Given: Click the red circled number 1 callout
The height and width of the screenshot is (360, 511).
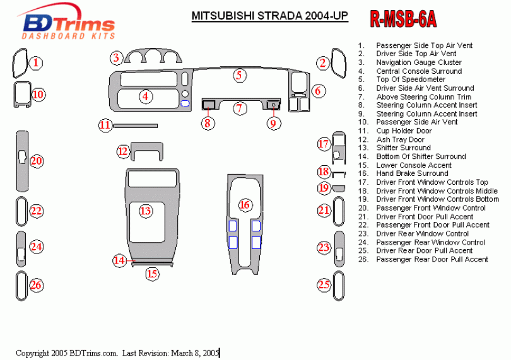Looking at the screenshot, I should click(37, 63).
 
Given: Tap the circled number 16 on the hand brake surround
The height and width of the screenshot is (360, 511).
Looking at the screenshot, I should click(245, 205).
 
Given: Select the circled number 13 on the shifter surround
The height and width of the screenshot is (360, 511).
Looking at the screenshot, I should click(146, 211).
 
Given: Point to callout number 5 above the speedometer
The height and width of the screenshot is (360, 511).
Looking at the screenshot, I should click(238, 76).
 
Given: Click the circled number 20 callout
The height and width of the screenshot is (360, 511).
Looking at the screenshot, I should click(37, 161).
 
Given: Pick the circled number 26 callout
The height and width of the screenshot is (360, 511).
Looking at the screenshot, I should click(37, 286).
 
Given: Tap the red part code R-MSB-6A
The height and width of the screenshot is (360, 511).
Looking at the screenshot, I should click(402, 20).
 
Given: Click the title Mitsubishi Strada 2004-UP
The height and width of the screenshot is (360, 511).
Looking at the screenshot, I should click(269, 16).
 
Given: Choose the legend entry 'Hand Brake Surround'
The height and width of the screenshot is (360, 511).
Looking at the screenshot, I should click(412, 173).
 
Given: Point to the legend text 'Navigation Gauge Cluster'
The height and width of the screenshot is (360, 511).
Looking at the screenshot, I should click(419, 62).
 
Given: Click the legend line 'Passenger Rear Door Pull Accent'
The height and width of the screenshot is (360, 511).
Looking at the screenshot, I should click(432, 259).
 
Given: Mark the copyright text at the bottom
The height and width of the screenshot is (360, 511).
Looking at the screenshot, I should click(117, 353).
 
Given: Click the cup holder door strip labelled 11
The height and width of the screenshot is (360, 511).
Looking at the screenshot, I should click(135, 125).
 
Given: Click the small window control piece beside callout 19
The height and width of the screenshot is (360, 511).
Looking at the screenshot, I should click(339, 187).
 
